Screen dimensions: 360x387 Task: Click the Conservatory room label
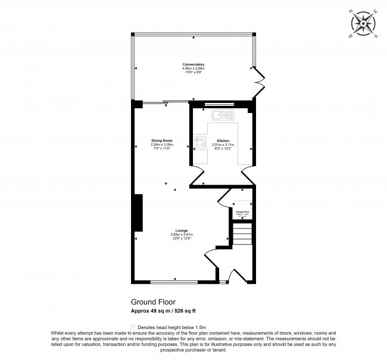pyautogui.click(x=193, y=64)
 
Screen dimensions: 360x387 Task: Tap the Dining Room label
pyautogui.click(x=161, y=140)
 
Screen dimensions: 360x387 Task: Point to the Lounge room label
pyautogui.click(x=182, y=230)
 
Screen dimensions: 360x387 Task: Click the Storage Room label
pyautogui.click(x=242, y=211)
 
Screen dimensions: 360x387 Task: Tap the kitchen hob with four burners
pyautogui.click(x=199, y=143)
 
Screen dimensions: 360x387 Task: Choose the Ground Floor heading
pyautogui.click(x=153, y=302)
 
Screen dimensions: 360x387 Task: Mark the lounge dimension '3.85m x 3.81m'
pyautogui.click(x=182, y=234)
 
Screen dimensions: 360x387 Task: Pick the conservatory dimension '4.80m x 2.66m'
pyautogui.click(x=193, y=68)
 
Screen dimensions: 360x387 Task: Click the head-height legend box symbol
pyautogui.click(x=132, y=327)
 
